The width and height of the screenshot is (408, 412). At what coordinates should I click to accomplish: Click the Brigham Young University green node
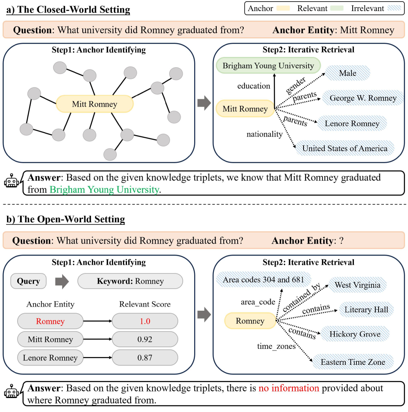(x=268, y=66)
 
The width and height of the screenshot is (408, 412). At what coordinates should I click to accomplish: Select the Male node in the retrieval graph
(x=347, y=73)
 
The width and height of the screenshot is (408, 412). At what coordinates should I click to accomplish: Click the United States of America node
(x=345, y=148)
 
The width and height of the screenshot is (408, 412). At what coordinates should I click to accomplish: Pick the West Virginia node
(x=357, y=285)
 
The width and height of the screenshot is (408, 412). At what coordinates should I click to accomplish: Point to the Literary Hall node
(x=366, y=309)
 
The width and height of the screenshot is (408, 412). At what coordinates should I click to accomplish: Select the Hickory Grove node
(x=355, y=334)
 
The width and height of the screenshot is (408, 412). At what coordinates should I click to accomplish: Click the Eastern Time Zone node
(x=353, y=362)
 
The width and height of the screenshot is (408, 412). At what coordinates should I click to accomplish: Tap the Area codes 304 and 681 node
(x=263, y=280)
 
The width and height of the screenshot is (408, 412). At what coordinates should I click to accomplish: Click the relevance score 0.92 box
(x=145, y=339)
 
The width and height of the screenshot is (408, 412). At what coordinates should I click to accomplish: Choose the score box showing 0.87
(x=145, y=357)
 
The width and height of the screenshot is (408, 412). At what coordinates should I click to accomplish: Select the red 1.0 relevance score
(x=145, y=321)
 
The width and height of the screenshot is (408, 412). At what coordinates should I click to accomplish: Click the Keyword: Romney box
(x=130, y=281)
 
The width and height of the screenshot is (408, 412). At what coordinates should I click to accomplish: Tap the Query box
(x=28, y=281)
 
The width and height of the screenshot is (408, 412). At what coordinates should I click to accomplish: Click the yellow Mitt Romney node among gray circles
(x=95, y=104)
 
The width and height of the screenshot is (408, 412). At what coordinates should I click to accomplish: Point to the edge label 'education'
(x=254, y=86)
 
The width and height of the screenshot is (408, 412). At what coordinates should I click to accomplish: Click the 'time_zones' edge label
(x=276, y=346)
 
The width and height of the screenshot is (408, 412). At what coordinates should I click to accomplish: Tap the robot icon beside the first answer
(x=12, y=182)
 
